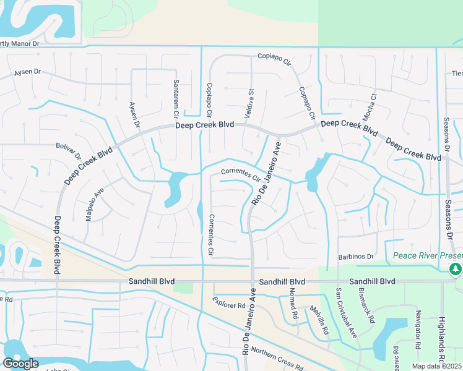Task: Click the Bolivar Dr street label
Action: coord(70,151)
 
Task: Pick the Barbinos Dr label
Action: coord(357,257)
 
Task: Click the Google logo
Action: coord(20,364)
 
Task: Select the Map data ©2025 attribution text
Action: coord(436,366)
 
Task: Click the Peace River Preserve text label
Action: coord(427,256)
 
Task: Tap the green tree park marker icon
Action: coord(455,269)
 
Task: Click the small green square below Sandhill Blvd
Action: coord(183,287)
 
